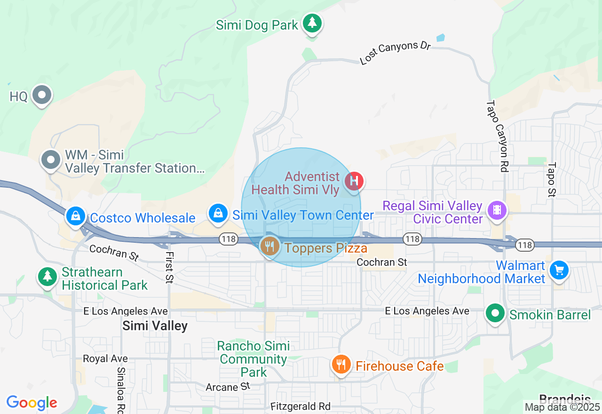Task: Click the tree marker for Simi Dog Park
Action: pos(311,22)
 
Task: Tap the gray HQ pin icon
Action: pos(42,95)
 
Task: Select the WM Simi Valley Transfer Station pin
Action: pos(50,160)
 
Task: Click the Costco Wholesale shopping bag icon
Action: pos(76,216)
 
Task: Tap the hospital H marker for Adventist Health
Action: pos(354,181)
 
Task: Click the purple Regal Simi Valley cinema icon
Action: pos(497,210)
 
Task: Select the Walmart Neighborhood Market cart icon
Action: pos(559,270)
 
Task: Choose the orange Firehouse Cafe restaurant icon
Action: pos(341,365)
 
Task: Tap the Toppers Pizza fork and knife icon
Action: pos(269,246)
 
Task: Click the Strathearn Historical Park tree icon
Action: pos(47,276)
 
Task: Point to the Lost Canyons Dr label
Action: pos(395,52)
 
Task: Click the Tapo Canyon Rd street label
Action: pos(498,136)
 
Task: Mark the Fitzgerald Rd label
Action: pos(301,406)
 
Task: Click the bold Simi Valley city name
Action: pos(155,326)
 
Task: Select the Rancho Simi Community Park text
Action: pos(253,359)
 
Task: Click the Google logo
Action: pos(32,403)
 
